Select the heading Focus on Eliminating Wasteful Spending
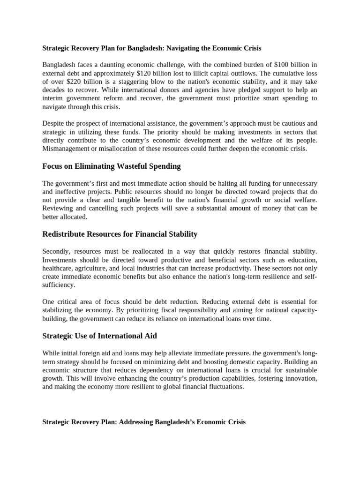(111, 166)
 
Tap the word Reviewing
(57, 208)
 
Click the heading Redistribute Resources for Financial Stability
(120, 234)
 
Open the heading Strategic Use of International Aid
(99, 336)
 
